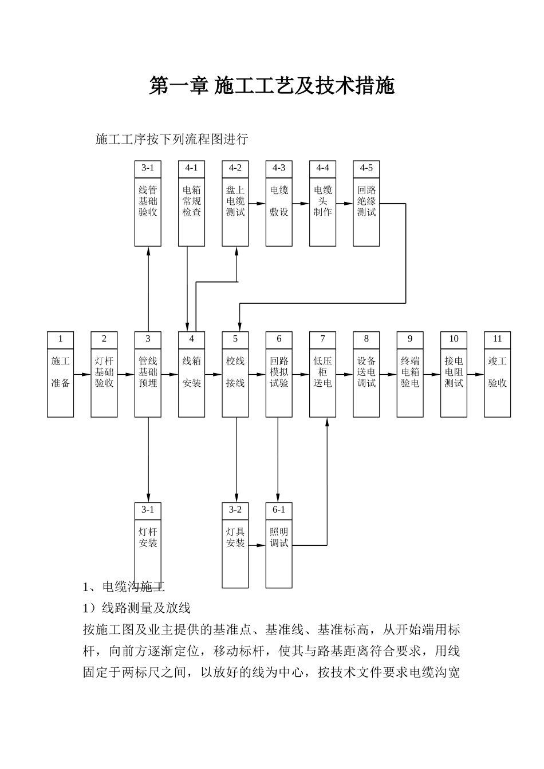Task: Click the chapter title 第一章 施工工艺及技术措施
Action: coord(272,86)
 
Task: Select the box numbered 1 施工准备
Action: coord(60,374)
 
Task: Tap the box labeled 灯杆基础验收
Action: coord(104,374)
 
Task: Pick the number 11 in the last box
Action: coord(497,339)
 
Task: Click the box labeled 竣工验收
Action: coord(497,374)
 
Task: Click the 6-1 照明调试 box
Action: coord(279,545)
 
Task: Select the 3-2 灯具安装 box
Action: coord(235,545)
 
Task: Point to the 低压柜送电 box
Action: coord(322,374)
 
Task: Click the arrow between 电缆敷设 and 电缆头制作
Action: coord(301,203)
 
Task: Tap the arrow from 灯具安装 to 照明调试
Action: coord(257,545)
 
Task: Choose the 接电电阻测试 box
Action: coord(454,374)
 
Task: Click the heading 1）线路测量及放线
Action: coord(137,608)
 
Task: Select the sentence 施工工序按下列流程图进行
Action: coord(171,139)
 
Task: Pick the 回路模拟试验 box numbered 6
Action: coord(279,374)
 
